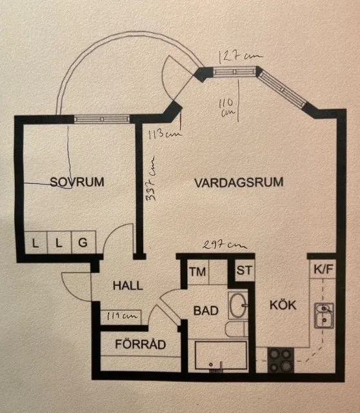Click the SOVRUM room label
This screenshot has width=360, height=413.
coord(77,182)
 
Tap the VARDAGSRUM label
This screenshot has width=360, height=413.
coord(239,183)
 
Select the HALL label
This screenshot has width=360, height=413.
coord(128,285)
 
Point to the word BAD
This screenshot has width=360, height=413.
coord(206,311)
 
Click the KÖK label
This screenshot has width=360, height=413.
coord(283,305)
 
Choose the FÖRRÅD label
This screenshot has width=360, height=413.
coord(141,344)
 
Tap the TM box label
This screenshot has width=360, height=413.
coord(197,272)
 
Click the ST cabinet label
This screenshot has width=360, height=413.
coord(244,270)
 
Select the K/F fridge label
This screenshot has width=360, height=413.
coord(323,269)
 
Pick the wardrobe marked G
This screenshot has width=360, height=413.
coord(83,243)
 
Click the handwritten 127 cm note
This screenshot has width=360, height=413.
coord(240,56)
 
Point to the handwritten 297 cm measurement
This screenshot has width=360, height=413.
coord(225,245)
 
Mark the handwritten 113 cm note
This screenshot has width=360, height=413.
coord(165,134)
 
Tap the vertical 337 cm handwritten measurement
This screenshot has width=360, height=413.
coord(151,179)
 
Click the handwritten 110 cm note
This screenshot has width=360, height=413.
coord(226,108)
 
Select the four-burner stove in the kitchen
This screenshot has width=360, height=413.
coord(281,360)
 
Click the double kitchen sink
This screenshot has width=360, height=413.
coord(324,316)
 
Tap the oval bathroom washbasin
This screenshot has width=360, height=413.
coord(238,305)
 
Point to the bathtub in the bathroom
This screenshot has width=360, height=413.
coord(221,356)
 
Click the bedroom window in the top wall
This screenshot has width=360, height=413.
coord(102,119)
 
